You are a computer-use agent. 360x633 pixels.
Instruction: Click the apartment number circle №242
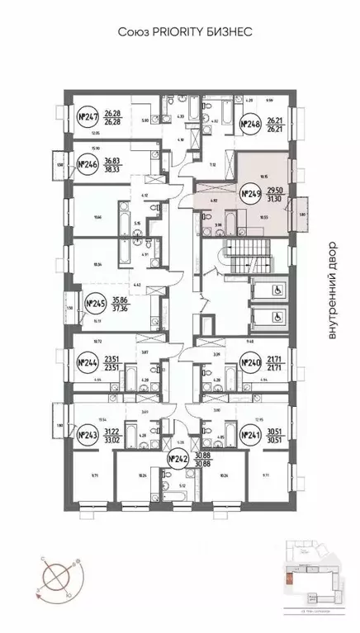coord(178,460)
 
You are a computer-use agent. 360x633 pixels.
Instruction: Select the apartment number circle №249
coord(250,196)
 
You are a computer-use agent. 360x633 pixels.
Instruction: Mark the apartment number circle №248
coord(250,125)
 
